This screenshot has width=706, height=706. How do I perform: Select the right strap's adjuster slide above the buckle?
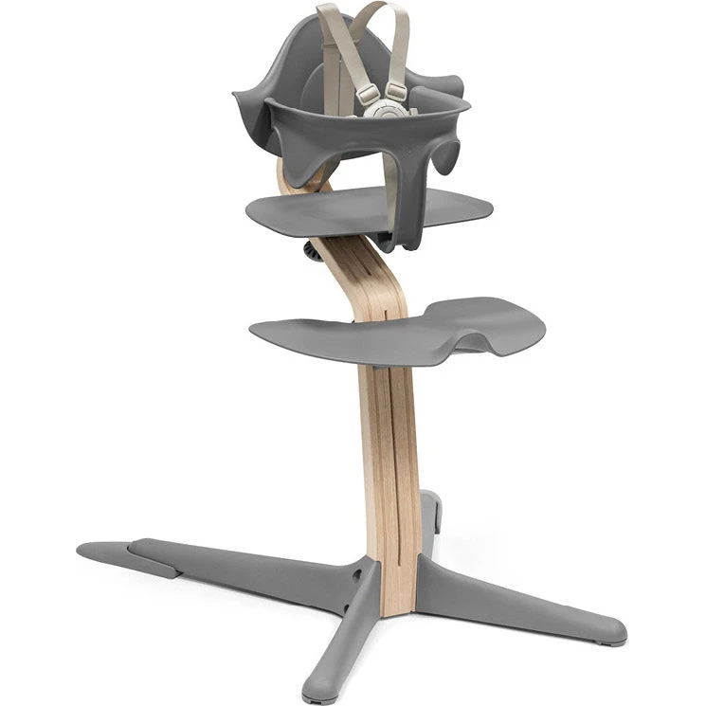point(396,91)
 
